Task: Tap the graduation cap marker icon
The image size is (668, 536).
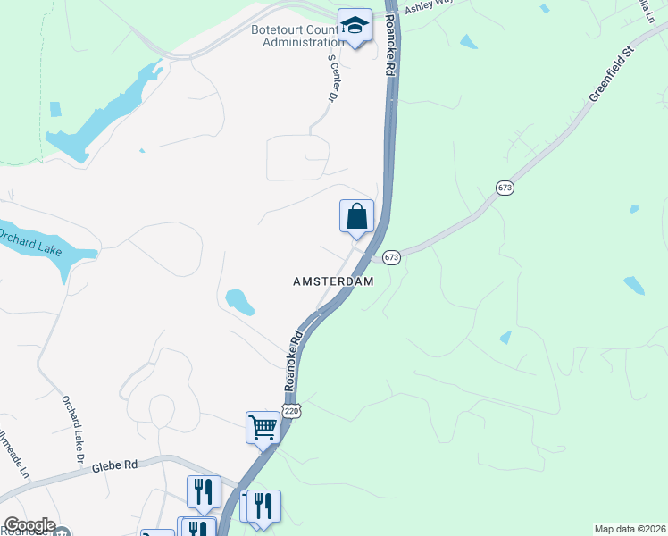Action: click(355, 26)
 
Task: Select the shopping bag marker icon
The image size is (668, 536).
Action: click(356, 216)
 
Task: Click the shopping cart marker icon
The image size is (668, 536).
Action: click(263, 427)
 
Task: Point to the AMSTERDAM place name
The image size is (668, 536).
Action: click(332, 281)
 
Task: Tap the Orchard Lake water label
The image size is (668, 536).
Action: click(30, 243)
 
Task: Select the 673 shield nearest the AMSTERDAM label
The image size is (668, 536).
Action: click(391, 257)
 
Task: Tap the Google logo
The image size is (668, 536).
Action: click(29, 525)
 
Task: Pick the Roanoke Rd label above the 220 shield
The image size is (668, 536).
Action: click(295, 363)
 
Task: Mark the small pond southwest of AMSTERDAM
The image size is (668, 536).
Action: click(239, 302)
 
